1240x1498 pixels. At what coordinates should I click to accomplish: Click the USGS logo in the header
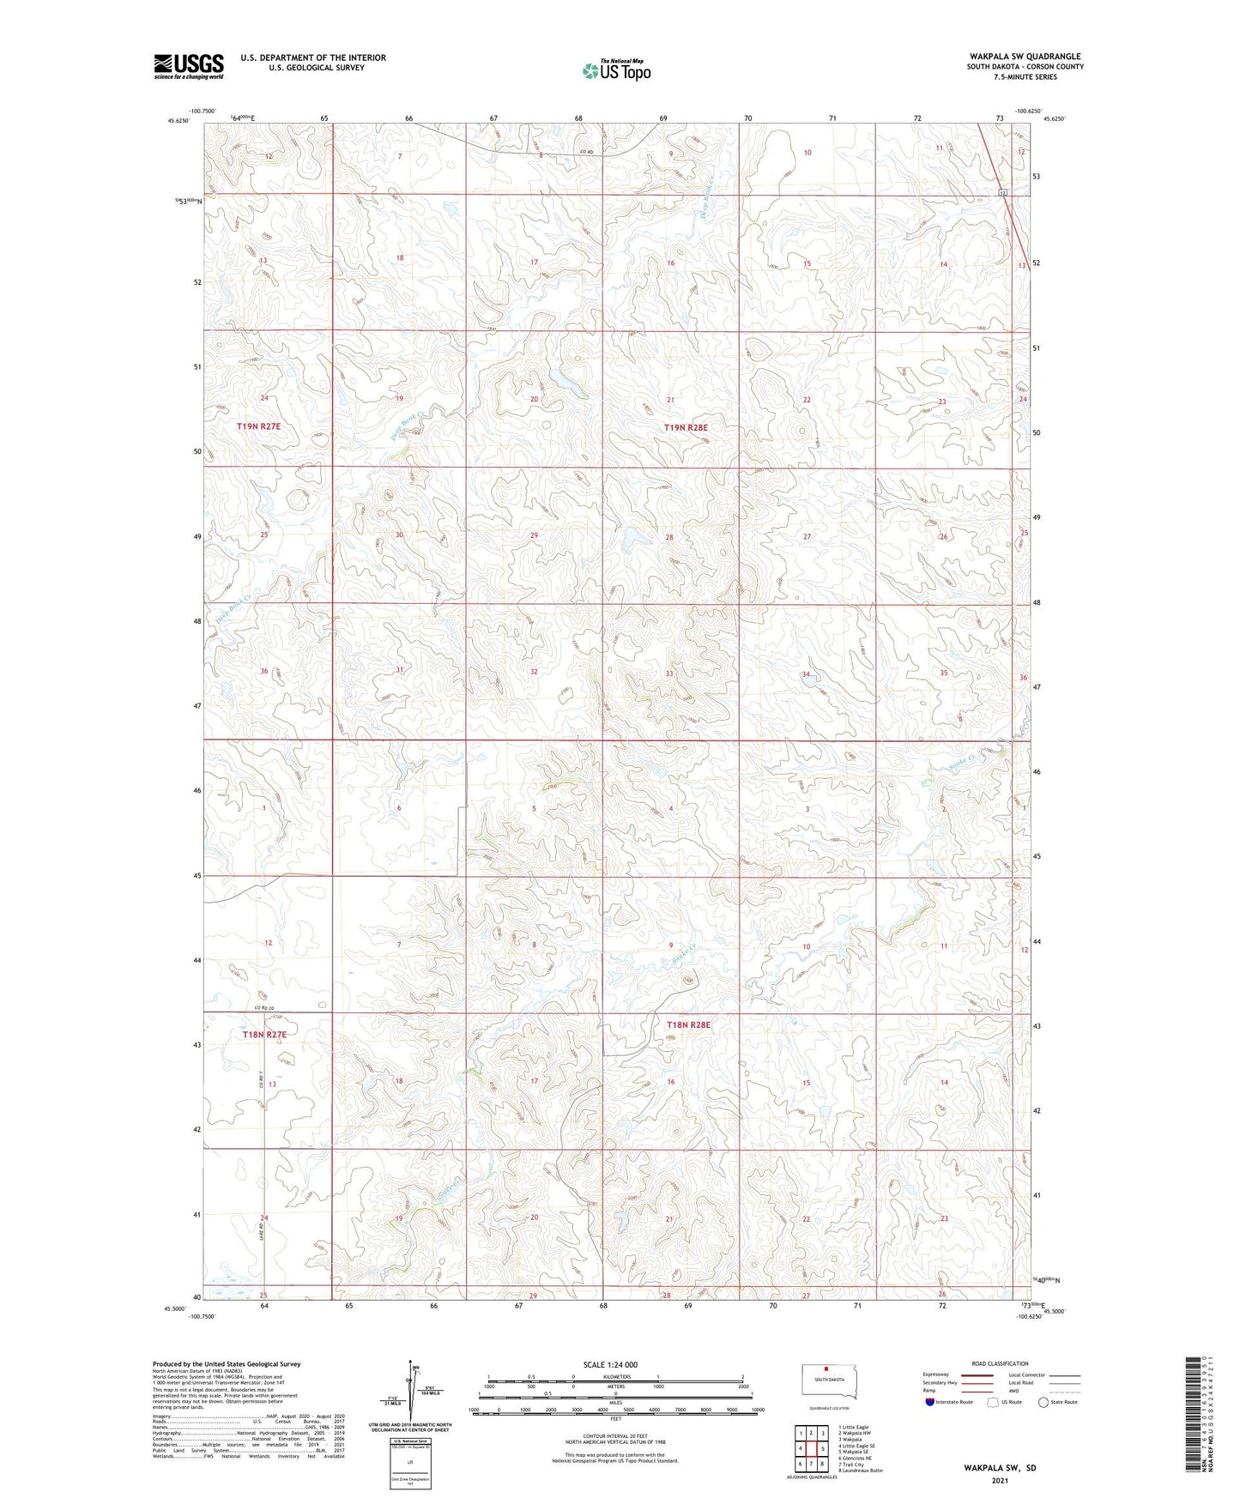[x=188, y=66]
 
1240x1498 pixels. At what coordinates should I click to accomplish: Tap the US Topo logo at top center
[x=615, y=70]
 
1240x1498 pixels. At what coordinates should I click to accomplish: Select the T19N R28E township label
[x=687, y=426]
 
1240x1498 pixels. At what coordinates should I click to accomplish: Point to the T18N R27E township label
[x=264, y=1035]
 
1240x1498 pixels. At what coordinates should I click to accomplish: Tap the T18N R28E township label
[x=688, y=1024]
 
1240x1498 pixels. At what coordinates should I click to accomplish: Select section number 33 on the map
[x=669, y=673]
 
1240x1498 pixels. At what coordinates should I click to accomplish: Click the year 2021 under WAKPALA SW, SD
[x=1000, y=1481]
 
